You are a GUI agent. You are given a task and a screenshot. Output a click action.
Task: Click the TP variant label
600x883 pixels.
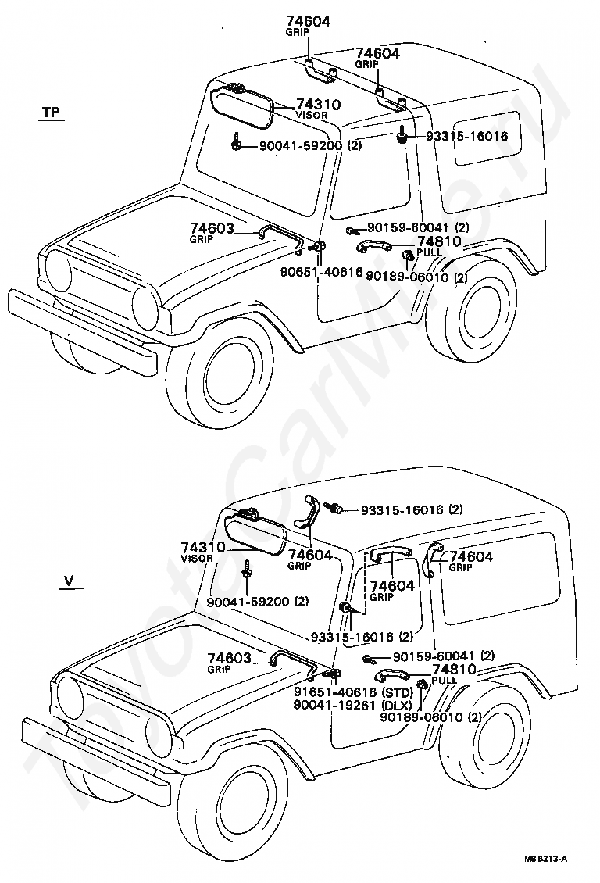52,112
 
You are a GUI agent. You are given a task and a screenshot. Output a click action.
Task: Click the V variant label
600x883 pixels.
70,581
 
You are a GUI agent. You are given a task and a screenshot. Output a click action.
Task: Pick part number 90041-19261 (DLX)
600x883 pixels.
352,705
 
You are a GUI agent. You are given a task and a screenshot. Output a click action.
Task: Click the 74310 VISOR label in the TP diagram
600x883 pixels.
318,109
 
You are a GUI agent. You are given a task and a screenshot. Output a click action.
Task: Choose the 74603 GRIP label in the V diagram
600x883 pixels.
230,663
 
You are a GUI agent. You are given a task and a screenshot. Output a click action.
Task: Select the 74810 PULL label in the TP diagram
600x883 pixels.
439,246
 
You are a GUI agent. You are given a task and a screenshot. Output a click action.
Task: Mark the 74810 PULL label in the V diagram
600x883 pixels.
454,674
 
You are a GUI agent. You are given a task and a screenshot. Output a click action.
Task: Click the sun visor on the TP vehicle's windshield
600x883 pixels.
243,105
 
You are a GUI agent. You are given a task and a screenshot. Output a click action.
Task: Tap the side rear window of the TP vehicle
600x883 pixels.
487,138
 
